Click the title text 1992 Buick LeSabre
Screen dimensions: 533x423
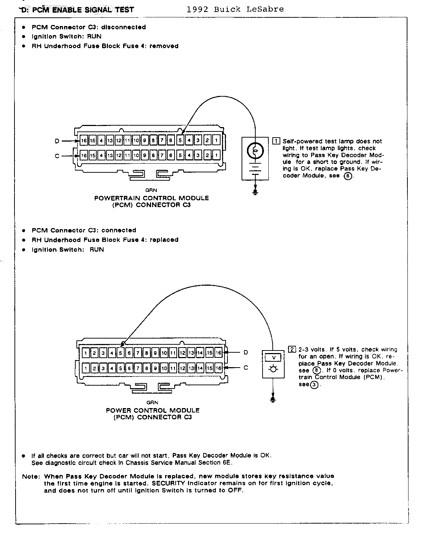pos(235,9)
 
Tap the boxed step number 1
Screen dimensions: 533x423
pos(276,141)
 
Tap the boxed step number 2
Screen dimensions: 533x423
pos(292,349)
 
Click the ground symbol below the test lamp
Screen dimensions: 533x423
pos(255,192)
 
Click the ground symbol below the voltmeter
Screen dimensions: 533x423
pos(273,399)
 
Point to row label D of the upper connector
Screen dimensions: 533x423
pos(56,141)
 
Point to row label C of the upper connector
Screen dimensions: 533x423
pos(57,156)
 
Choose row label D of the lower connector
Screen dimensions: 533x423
pos(246,352)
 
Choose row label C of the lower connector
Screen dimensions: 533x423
pos(246,368)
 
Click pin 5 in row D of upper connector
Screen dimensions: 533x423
pos(180,140)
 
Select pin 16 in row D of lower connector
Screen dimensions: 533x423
pos(218,353)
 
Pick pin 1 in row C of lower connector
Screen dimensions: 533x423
pos(85,368)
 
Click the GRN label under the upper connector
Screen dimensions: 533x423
pos(151,190)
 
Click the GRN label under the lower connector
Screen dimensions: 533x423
pos(152,402)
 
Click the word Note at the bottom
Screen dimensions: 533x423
pos(30,476)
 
